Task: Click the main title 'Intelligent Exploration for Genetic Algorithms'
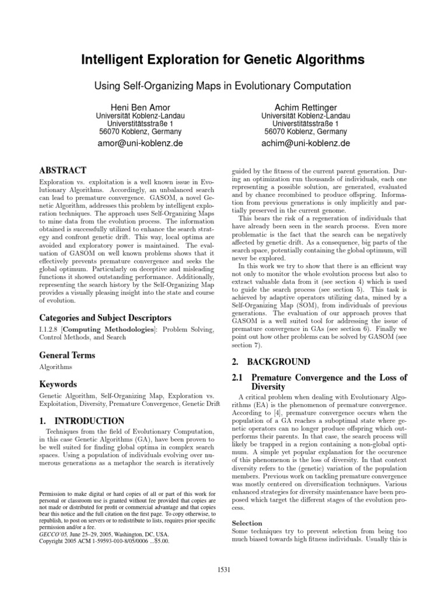223,60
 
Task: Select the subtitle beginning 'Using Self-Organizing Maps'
223,86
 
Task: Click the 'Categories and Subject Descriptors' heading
105,318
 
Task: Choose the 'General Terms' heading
66,355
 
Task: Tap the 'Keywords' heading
58,384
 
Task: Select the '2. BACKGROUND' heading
271,362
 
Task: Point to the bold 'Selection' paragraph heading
247,523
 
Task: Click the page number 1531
223,570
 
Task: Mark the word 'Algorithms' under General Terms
55,367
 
